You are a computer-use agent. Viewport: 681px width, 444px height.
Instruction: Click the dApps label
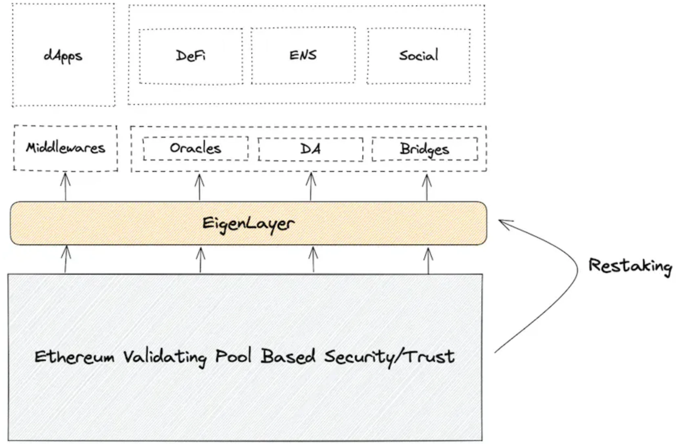pos(63,56)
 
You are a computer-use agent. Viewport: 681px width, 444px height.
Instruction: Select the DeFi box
pos(191,56)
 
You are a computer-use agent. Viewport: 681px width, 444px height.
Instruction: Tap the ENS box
pos(303,55)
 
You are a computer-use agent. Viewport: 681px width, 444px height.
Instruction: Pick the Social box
pos(418,55)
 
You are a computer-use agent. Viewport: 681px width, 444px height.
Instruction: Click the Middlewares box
pos(66,148)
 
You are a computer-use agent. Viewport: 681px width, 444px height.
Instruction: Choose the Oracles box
pos(196,148)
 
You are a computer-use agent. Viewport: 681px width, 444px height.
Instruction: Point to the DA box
pos(310,149)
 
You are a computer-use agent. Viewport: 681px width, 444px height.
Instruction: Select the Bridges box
pos(424,149)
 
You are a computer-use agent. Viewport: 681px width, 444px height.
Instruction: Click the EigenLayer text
pos(248,224)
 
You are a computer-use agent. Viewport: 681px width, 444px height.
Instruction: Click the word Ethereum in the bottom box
pos(74,357)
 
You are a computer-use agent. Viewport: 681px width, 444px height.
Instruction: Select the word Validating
pos(165,357)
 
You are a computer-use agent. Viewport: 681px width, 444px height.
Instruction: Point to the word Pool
pos(234,356)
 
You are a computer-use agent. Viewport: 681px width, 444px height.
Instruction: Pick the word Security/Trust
pos(390,357)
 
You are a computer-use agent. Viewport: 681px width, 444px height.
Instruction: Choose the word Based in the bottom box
pos(288,356)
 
